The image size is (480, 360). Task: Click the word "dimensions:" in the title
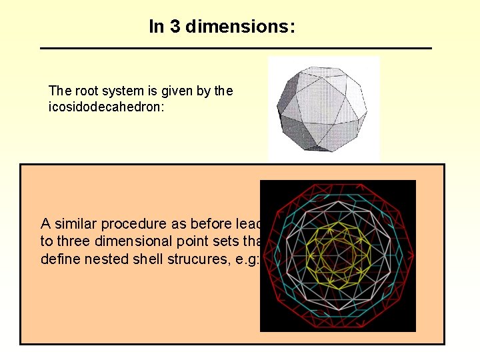pos(241,27)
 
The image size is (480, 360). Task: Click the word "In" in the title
pos(157,27)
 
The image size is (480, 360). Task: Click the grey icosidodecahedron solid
pos(323,109)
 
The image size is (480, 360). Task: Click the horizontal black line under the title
pos(236,48)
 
